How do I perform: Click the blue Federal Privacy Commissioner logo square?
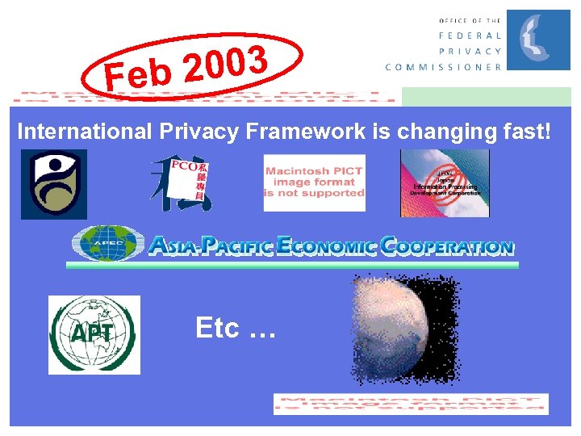[x=537, y=40]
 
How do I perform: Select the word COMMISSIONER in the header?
[x=443, y=67]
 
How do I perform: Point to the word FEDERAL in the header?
[x=470, y=36]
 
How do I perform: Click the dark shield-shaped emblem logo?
[x=54, y=184]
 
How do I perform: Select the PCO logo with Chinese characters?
[x=182, y=182]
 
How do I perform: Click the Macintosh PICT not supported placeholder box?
[x=315, y=182]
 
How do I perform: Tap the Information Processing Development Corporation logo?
[x=445, y=183]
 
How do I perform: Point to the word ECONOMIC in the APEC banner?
[x=326, y=245]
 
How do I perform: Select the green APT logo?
[x=94, y=335]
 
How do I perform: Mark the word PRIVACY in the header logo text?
[x=470, y=51]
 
